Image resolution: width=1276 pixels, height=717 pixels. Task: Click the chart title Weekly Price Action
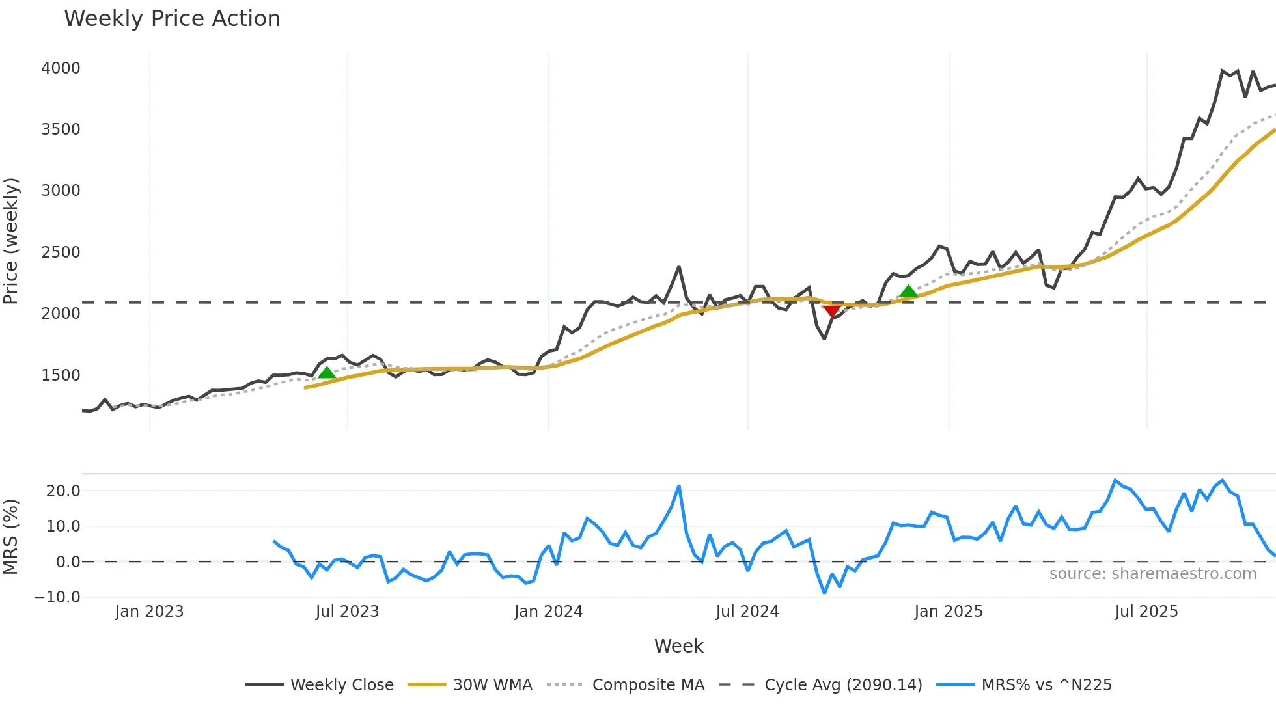(x=172, y=19)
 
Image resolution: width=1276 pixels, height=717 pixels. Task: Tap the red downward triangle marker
(x=831, y=310)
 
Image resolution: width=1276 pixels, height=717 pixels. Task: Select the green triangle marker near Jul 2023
(x=327, y=372)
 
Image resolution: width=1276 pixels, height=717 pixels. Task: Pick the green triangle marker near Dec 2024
(x=908, y=291)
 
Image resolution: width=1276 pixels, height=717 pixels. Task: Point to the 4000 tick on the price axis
(x=61, y=68)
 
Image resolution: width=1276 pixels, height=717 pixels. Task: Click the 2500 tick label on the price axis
(x=61, y=252)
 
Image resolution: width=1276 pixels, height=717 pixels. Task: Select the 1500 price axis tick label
(x=61, y=375)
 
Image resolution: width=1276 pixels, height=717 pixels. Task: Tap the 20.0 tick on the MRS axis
(x=63, y=491)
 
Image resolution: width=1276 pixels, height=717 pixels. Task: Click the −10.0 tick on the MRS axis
(x=57, y=597)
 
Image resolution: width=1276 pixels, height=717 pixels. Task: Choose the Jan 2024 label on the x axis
(x=548, y=612)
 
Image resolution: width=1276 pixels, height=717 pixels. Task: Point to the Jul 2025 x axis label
(x=1146, y=612)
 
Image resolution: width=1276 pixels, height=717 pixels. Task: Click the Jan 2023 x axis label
(x=149, y=612)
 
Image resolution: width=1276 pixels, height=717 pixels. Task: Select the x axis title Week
(x=678, y=646)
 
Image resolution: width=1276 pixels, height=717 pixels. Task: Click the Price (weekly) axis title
(x=11, y=241)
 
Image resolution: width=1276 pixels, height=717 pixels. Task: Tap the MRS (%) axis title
(x=11, y=537)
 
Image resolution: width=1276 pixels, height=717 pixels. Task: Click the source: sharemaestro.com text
(x=1152, y=574)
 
